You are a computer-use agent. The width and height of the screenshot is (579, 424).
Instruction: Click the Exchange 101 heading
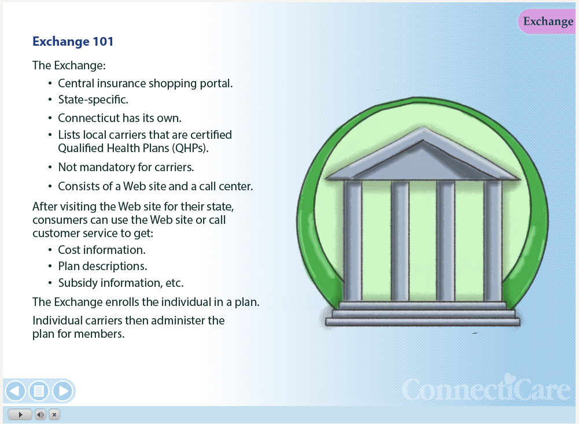tap(73, 42)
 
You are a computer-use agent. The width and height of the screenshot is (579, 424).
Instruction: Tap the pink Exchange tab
tap(547, 21)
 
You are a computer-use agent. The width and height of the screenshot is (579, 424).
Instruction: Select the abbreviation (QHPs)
tap(190, 148)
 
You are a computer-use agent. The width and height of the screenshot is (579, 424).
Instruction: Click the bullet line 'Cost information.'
tap(102, 250)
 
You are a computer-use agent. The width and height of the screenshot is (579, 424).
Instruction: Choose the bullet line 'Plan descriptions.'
tap(102, 266)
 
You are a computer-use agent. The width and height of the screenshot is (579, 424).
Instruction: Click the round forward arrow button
tap(63, 391)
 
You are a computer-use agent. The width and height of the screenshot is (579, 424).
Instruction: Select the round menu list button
tap(39, 391)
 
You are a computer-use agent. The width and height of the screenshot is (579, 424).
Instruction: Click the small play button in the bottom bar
tap(20, 415)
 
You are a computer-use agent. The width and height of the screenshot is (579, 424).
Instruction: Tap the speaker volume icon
tap(40, 415)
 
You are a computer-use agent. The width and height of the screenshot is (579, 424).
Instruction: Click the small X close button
tap(54, 415)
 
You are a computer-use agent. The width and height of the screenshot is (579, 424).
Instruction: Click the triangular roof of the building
tap(423, 155)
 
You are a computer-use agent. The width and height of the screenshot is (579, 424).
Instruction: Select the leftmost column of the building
tap(353, 241)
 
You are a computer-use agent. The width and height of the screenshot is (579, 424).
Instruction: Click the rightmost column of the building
tap(493, 241)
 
